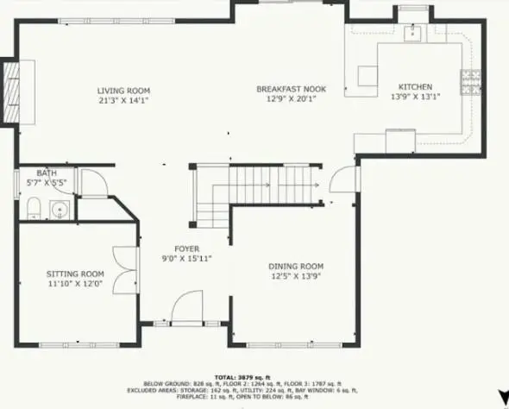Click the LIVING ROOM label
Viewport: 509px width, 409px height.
tap(123, 90)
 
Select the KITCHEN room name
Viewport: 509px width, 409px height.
tap(414, 86)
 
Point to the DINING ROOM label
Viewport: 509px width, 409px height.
tap(296, 266)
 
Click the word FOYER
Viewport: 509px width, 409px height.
tap(187, 249)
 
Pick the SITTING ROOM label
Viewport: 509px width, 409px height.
tap(74, 274)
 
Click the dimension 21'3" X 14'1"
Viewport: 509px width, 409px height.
tap(123, 99)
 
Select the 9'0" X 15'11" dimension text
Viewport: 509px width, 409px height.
tap(187, 258)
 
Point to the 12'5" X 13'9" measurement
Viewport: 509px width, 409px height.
tap(296, 276)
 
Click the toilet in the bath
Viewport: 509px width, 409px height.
tap(34, 207)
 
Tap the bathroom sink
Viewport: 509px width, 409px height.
tap(60, 209)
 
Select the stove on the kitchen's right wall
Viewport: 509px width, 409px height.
tap(471, 82)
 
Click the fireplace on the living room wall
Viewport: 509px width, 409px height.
tap(12, 91)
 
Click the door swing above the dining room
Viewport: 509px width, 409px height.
tap(345, 178)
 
